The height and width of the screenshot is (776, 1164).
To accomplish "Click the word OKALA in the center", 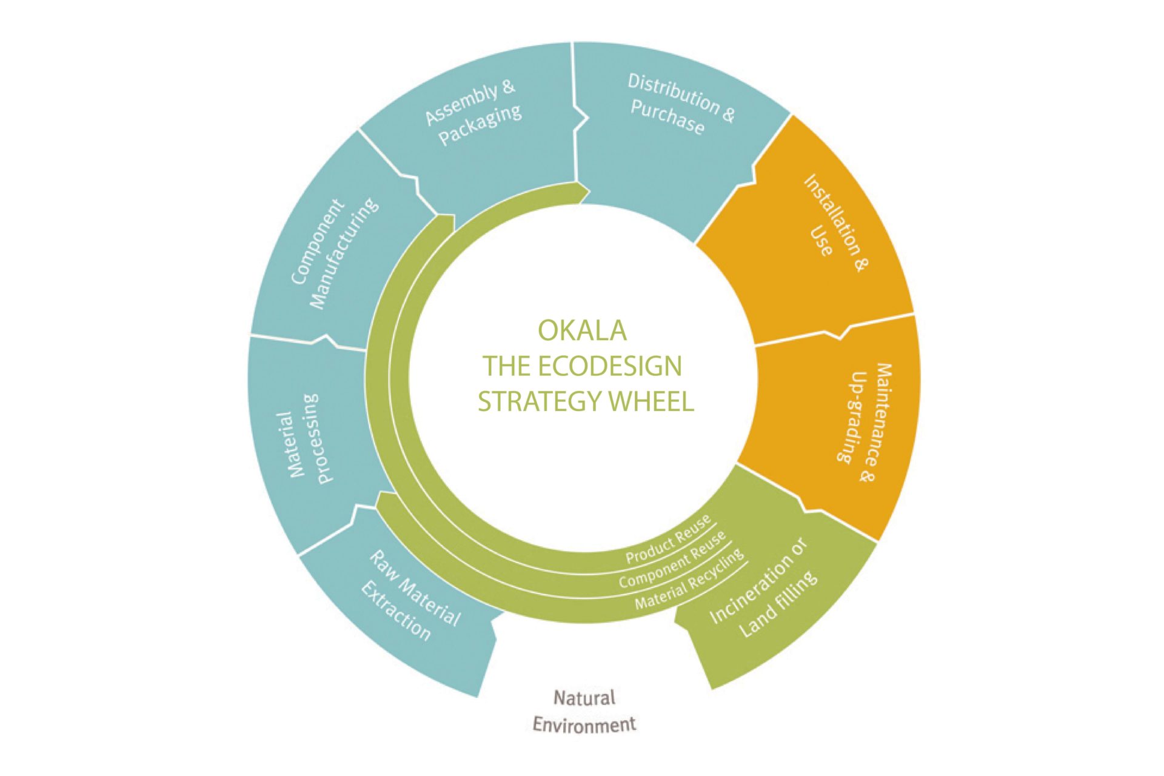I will tap(582, 330).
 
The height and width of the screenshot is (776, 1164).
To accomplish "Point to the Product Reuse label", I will tap(668, 540).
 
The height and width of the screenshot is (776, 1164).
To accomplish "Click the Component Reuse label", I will tap(672, 560).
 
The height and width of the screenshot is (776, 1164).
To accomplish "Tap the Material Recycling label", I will tap(689, 580).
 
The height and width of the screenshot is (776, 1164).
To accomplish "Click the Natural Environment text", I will tap(584, 711).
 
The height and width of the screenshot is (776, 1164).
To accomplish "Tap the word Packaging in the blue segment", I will tap(480, 126).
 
